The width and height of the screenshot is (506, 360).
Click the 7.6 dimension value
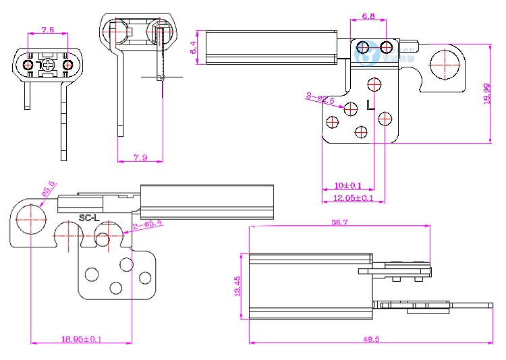pos(47,30)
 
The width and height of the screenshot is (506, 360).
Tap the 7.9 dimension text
pos(140,158)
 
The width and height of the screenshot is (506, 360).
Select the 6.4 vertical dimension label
pos(194,47)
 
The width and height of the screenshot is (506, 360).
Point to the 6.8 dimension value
pos(368,16)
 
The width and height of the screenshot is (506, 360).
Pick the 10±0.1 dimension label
pos(348,185)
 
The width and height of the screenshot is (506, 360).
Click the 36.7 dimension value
pos(339,222)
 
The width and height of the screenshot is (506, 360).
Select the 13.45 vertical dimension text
pos(237,286)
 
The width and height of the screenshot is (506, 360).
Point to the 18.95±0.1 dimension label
pos(81,339)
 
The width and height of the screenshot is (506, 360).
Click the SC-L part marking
pos(89,217)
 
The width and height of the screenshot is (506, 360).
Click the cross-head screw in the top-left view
pos(47,65)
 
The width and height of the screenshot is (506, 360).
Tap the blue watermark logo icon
pos(368,56)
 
